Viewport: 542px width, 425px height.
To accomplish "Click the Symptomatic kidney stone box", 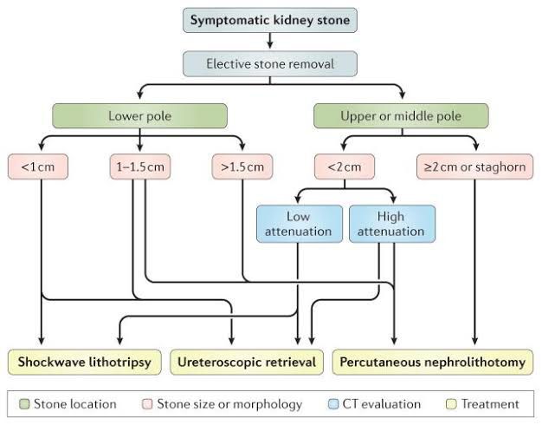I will point(270,18).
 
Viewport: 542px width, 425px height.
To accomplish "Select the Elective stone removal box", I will point(270,62).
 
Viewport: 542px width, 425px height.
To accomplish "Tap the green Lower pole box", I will point(139,116).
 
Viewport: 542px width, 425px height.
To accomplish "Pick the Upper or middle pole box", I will point(401,116).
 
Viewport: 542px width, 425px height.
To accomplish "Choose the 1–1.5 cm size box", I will point(139,166).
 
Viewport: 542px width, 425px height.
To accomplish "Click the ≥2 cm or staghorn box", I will point(474,166).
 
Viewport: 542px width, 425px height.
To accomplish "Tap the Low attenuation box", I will point(298,223).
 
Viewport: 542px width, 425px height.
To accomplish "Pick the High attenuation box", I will point(391,223).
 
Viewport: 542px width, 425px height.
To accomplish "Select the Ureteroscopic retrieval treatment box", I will point(248,362).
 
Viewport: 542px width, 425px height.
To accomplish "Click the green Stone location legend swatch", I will point(23,403).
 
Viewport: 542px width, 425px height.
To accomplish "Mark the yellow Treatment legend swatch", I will point(450,403).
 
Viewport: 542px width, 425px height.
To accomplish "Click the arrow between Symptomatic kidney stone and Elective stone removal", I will point(270,40).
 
